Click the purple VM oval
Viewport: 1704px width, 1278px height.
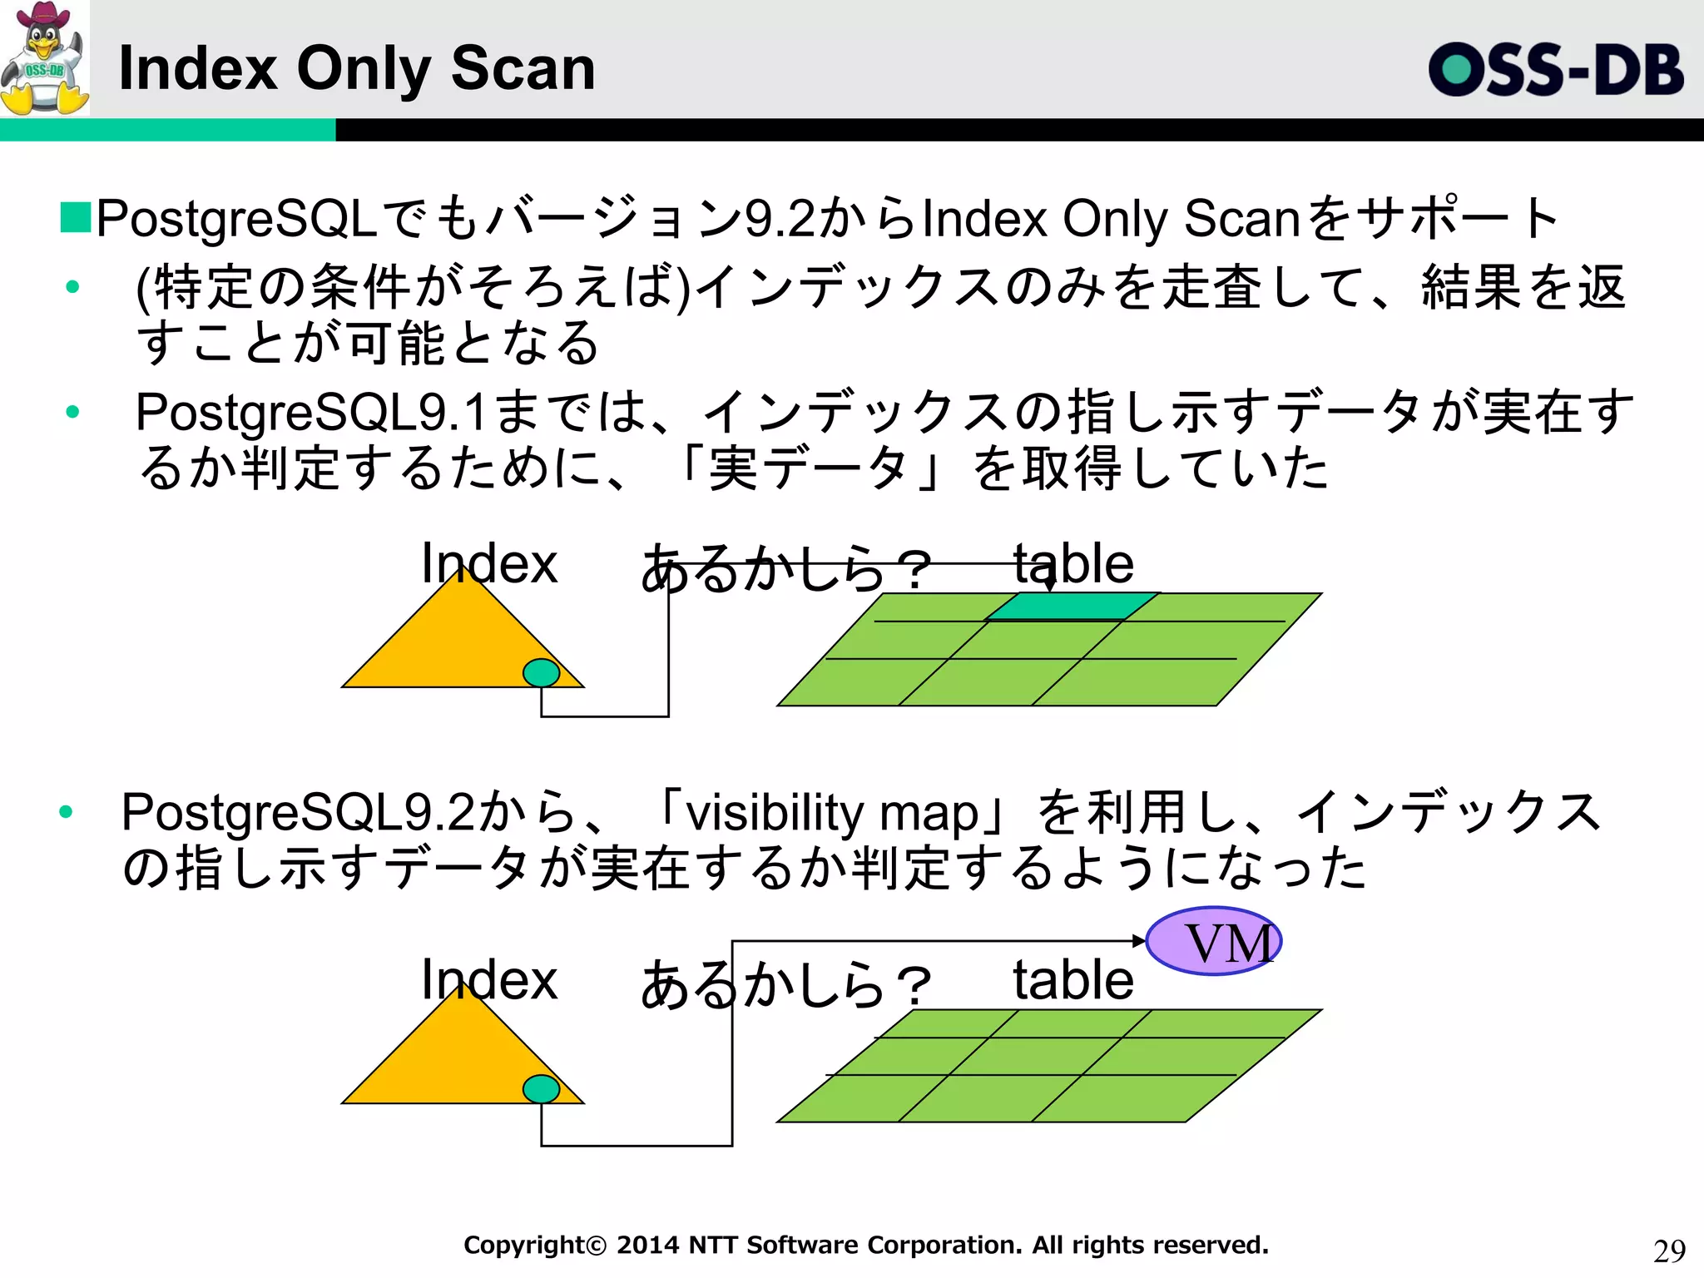click(x=1213, y=941)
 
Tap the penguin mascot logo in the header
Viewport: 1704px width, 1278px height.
click(x=45, y=58)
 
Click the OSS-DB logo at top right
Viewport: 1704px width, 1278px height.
click(x=1555, y=70)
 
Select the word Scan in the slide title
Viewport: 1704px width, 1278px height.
click(x=523, y=68)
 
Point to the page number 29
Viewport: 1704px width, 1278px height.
click(x=1669, y=1251)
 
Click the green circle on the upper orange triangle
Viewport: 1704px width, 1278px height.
click(x=541, y=672)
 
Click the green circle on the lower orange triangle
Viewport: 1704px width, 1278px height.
click(x=541, y=1088)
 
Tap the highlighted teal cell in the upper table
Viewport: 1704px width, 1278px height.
click(x=1072, y=607)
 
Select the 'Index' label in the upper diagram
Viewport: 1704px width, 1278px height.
click(x=488, y=563)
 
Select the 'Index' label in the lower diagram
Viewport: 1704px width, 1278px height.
click(x=488, y=979)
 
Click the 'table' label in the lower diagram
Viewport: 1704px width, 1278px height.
click(x=1073, y=980)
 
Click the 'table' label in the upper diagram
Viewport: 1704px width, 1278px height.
click(x=1073, y=563)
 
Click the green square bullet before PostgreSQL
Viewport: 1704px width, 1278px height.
click(x=75, y=218)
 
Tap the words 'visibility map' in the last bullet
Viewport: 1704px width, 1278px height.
click(x=832, y=813)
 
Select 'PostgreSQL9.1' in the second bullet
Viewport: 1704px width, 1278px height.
click(x=310, y=412)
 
